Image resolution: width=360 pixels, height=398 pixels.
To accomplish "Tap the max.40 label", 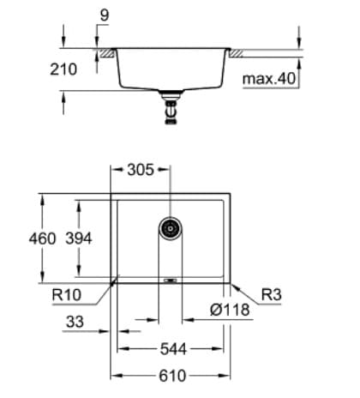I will (269, 79).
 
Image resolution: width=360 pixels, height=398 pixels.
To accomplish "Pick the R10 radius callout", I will (65, 294).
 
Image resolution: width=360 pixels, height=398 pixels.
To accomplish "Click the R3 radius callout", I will (271, 294).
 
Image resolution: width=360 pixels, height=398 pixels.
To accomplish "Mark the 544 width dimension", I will (171, 350).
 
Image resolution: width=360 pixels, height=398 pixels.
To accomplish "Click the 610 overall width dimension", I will (171, 376).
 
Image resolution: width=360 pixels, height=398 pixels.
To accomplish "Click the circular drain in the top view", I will (171, 228).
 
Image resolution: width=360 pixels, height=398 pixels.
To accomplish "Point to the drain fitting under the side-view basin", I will (171, 110).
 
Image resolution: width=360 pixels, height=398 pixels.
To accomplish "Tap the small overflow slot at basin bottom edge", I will (171, 279).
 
